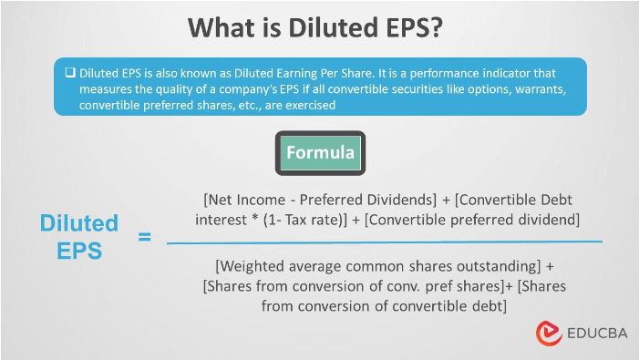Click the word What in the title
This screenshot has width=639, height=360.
tap(222, 28)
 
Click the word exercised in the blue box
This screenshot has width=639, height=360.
tap(307, 106)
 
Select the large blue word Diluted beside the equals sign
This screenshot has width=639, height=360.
tap(78, 223)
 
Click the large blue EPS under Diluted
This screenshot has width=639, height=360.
tap(78, 251)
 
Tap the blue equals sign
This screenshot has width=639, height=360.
tap(144, 238)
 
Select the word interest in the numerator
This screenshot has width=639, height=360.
tap(220, 219)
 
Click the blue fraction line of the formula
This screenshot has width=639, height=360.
tap(384, 242)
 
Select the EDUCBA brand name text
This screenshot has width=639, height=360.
tap(593, 333)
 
